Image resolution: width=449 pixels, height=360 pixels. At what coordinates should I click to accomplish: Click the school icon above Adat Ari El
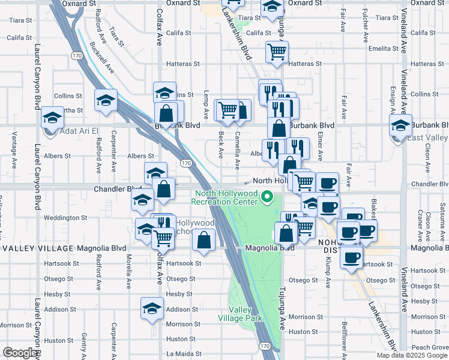coord(52,116)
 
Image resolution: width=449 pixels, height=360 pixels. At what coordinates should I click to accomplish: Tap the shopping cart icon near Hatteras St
coord(277,52)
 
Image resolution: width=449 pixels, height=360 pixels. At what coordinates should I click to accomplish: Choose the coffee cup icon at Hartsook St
coord(352,257)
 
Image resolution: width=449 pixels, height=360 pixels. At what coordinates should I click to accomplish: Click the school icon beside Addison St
coord(152,309)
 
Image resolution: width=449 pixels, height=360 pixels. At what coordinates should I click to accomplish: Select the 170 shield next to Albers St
coord(185,163)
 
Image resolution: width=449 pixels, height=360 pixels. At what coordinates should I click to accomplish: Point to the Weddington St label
coord(66,218)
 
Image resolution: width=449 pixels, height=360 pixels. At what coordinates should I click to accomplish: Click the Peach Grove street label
coord(430,347)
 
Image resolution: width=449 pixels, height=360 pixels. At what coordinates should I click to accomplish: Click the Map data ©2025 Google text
coord(412,355)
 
